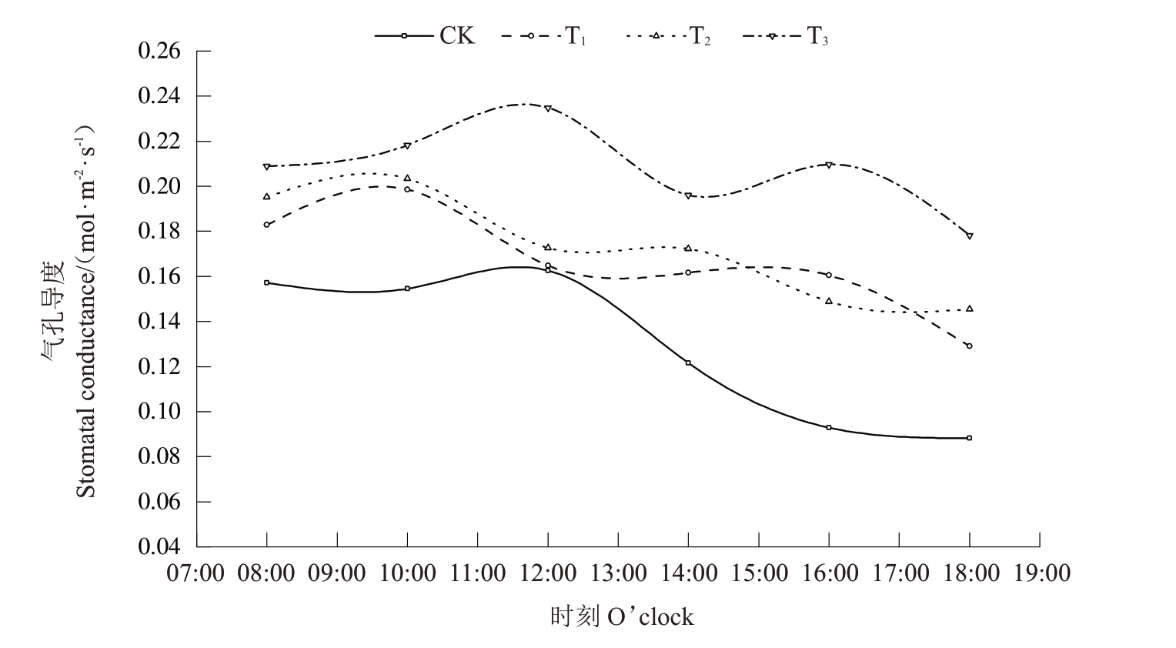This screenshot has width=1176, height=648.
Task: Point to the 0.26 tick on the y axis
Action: point(159,52)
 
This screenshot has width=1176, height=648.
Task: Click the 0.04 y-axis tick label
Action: point(159,546)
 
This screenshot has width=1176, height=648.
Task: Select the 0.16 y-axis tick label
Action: point(159,276)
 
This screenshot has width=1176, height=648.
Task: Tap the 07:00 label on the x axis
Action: point(197,573)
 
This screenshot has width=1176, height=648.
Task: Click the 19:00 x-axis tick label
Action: point(1040,573)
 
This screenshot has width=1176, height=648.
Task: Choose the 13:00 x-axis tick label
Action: point(618,573)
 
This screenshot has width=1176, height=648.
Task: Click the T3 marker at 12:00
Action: point(548,109)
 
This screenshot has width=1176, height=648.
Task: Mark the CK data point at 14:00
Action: point(688,362)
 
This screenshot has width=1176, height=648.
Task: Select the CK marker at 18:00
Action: point(969,438)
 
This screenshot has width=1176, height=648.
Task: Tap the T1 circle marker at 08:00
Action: point(267,225)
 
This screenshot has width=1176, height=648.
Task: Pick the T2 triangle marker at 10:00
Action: point(407,178)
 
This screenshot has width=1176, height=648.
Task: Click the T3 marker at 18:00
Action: point(969,235)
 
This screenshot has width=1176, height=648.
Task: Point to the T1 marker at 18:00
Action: point(969,346)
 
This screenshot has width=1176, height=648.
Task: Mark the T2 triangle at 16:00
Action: point(829,301)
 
